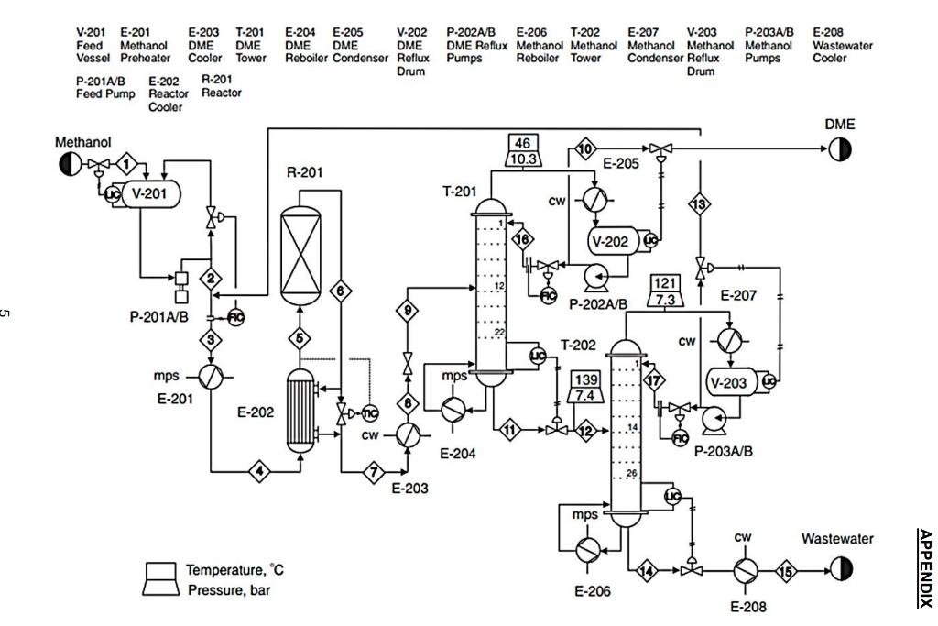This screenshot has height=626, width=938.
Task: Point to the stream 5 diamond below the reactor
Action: coord(301,337)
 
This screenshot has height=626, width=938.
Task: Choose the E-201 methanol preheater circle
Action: coord(211,377)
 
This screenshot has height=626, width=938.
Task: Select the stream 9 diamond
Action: coord(408,312)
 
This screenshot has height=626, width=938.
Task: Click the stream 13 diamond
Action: coord(699,204)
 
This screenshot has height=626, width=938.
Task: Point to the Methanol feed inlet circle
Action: coord(69,164)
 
